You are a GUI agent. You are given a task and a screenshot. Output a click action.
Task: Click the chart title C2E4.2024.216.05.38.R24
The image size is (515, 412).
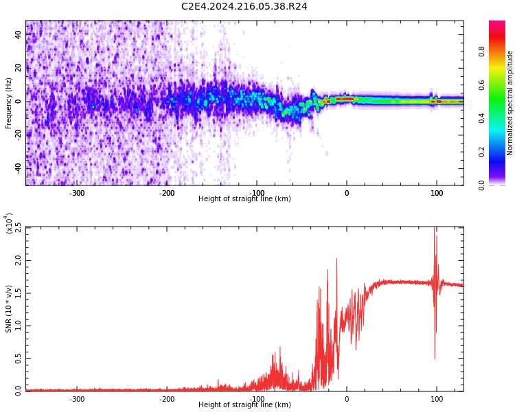click(x=244, y=7)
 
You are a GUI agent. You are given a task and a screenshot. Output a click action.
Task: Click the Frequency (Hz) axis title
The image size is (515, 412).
click(x=9, y=102)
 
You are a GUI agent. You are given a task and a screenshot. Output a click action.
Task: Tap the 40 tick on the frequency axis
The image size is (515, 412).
click(x=19, y=35)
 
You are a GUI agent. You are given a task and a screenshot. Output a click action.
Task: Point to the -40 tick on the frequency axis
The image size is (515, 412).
click(x=17, y=168)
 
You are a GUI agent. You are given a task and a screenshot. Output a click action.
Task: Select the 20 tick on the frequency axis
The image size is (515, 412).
click(x=19, y=68)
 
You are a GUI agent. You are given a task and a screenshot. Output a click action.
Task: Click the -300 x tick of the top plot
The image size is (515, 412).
click(x=77, y=193)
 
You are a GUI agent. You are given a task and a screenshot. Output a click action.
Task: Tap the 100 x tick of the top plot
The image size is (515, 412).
click(x=437, y=193)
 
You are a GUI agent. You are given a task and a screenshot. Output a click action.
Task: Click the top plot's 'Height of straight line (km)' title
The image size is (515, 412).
click(x=244, y=199)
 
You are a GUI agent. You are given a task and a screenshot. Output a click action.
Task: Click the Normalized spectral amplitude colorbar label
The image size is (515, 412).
click(x=510, y=103)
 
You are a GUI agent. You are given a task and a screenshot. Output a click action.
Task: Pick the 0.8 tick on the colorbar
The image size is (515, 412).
click(x=501, y=51)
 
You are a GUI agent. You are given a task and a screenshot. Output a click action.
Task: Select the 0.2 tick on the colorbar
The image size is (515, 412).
click(x=501, y=152)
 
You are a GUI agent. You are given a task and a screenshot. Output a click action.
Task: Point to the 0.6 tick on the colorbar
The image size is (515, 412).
click(x=501, y=85)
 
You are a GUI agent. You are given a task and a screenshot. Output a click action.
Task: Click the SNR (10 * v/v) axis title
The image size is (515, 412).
click(x=9, y=308)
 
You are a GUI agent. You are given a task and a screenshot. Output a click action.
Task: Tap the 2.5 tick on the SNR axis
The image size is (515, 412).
click(x=18, y=228)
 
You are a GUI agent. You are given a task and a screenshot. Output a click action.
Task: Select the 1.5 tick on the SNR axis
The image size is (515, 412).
click(x=18, y=293)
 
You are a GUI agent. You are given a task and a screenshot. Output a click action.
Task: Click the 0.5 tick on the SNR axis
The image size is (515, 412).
click(x=18, y=358)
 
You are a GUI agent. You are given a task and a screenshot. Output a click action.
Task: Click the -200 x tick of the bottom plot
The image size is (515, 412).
click(x=167, y=399)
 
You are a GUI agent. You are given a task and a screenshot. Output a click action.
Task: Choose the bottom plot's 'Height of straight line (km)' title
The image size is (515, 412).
click(x=244, y=405)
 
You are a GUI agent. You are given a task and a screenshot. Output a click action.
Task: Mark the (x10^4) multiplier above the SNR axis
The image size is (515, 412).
click(x=9, y=224)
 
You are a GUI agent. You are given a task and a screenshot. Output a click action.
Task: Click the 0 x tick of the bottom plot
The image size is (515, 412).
click(x=347, y=399)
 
